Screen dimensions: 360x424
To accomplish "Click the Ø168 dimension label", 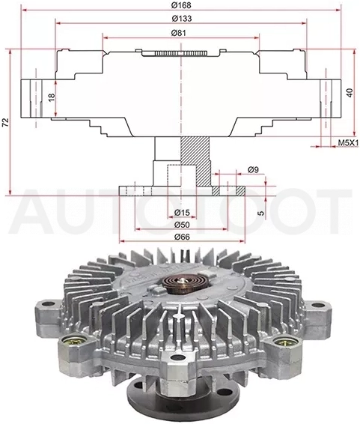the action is [x=181, y=5].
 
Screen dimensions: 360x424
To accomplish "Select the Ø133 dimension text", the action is [x=182, y=19].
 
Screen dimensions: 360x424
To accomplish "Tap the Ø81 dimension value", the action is [x=179, y=33].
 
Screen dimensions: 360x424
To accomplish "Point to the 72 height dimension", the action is [x=5, y=122].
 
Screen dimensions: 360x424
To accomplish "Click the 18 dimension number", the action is [x=52, y=97].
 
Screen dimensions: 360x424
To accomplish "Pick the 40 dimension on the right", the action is [x=350, y=93].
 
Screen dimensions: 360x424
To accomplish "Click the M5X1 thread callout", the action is [x=348, y=142].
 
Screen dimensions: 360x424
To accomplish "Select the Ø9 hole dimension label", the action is [x=253, y=169].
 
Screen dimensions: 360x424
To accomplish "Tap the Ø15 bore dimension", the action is [x=182, y=213].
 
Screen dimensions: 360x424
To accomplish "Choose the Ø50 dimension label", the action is [x=182, y=225].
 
